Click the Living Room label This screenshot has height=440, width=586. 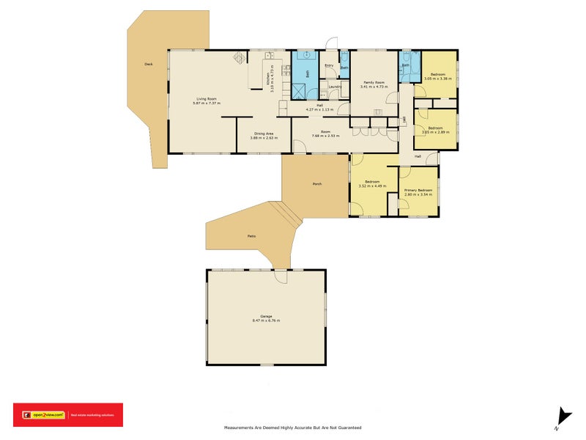pos(206,99)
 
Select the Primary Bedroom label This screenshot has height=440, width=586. pos(419,191)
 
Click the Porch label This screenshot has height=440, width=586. pos(317,183)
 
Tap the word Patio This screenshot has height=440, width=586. pos(251,236)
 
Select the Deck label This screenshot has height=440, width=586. pos(149,65)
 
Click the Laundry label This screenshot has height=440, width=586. pos(335,87)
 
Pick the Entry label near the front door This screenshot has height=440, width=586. pos(329,65)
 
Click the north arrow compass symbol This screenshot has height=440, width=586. pos(563,416)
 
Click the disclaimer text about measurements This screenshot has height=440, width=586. pos(292,427)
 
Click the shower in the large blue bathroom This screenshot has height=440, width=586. pos(300,90)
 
